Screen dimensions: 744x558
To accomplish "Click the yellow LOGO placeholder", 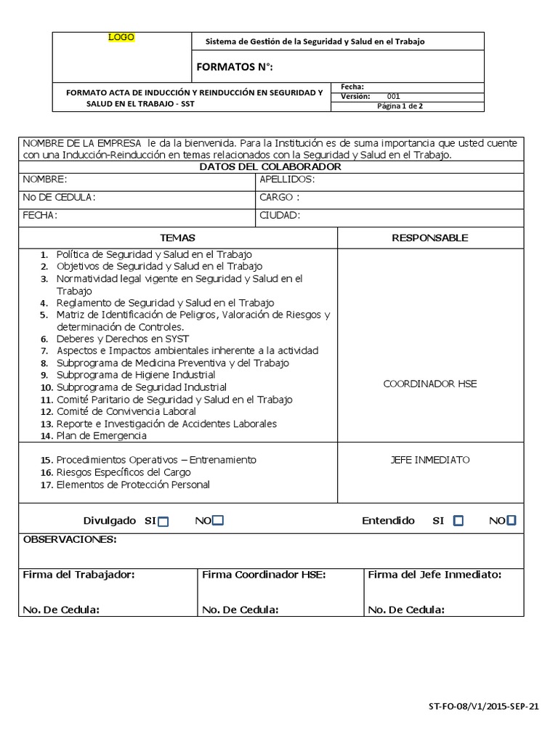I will [121, 37].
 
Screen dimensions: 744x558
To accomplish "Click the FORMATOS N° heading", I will [235, 68].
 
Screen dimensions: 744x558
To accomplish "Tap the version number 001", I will [393, 96].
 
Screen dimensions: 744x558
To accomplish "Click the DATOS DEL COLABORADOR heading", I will [270, 167].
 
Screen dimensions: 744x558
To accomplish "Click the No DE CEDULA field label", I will [59, 197].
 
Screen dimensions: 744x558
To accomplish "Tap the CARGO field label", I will [279, 197].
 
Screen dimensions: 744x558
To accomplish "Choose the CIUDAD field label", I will [280, 215].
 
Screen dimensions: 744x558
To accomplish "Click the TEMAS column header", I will [177, 238].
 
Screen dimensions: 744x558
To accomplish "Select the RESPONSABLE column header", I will [430, 238].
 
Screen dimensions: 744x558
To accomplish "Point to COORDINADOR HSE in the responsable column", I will [430, 384].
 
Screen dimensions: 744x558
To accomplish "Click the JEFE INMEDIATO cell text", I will [430, 460].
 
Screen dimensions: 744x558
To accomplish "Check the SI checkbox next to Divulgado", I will [163, 521].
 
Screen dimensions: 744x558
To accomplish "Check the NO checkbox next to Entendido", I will [511, 520].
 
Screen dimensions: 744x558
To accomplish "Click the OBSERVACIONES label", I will [70, 540].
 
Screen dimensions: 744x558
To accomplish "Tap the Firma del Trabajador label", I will [79, 574].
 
